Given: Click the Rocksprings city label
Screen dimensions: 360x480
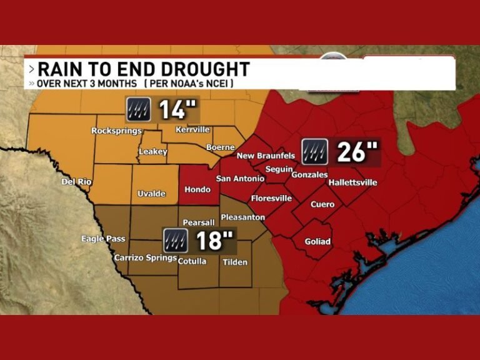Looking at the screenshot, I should [x=116, y=131].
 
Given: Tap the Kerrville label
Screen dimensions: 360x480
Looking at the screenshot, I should [x=193, y=129].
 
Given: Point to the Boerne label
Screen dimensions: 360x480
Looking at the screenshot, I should [x=220, y=147].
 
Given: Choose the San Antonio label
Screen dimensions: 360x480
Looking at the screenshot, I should [x=240, y=179].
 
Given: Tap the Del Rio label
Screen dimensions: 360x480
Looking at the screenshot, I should [x=77, y=182].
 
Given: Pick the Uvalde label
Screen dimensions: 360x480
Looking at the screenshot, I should [x=151, y=194].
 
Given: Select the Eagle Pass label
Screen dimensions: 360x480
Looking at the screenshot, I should [x=103, y=239].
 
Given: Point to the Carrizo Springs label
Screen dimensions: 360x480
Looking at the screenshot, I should [x=145, y=257].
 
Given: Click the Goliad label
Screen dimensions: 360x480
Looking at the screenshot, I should [x=317, y=242].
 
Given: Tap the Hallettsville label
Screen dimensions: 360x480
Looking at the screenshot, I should [x=352, y=182].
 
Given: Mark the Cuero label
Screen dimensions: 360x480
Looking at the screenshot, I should [x=322, y=204].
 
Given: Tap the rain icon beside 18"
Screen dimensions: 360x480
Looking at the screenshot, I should [x=176, y=241].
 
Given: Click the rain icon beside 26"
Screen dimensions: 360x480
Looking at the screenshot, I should [x=314, y=152].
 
